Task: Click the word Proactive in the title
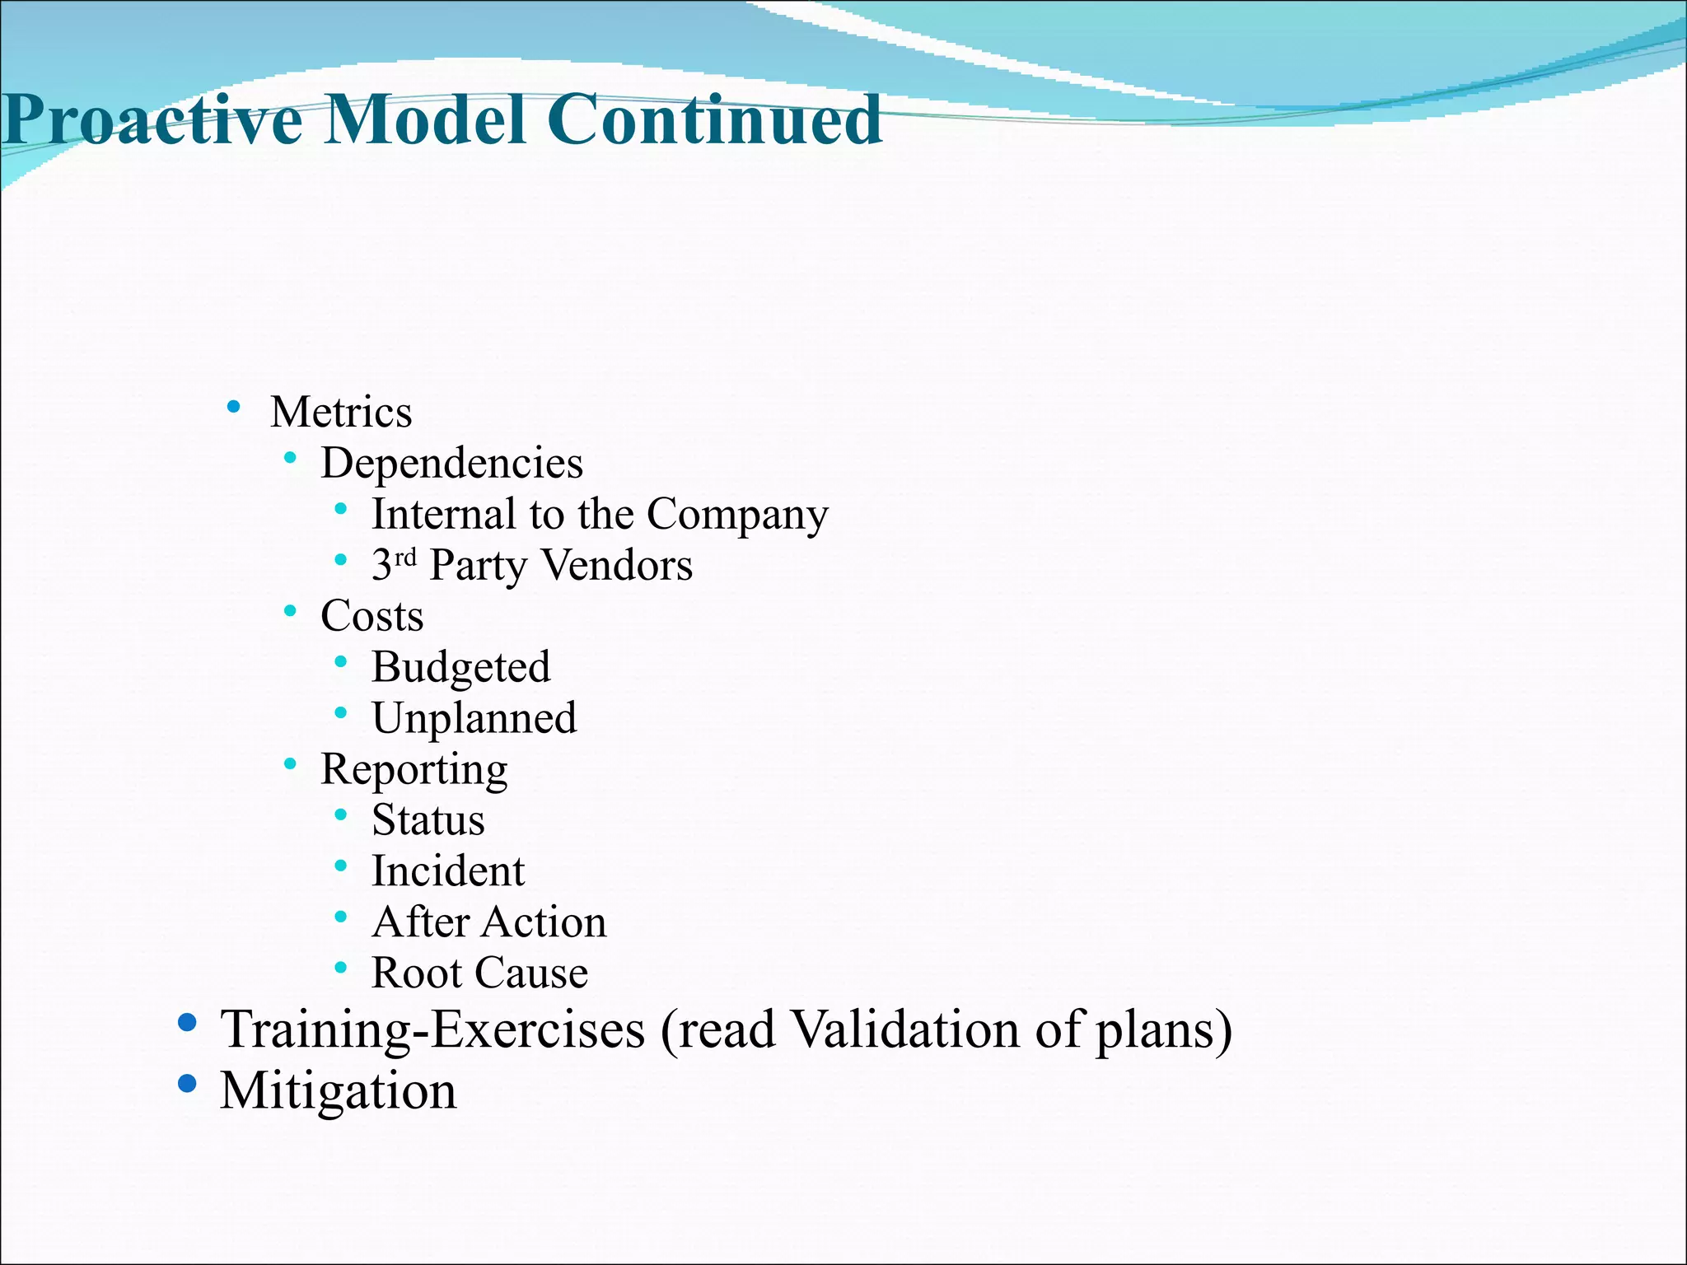(x=153, y=120)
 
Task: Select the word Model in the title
(x=425, y=120)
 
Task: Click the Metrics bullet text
(x=341, y=412)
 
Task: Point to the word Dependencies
(x=451, y=463)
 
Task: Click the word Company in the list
(x=737, y=515)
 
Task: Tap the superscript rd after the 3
(x=405, y=558)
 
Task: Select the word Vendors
(x=618, y=566)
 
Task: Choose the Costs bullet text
(x=372, y=616)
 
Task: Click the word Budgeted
(x=460, y=667)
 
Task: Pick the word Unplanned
(x=474, y=718)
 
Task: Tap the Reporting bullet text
(x=414, y=770)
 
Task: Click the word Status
(x=428, y=820)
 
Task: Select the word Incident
(x=448, y=871)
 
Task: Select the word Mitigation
(x=338, y=1091)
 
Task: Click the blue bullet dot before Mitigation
(x=188, y=1084)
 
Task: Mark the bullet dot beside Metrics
(x=234, y=406)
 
